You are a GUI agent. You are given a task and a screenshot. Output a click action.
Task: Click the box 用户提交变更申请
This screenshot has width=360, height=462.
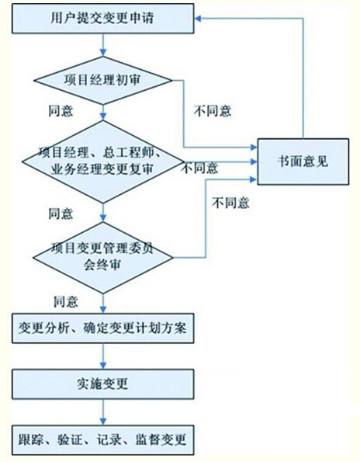[x=103, y=19]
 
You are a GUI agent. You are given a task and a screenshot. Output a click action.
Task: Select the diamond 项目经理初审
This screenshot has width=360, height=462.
[x=103, y=81]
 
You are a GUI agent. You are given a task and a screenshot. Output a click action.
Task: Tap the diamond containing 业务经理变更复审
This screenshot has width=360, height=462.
[x=103, y=162]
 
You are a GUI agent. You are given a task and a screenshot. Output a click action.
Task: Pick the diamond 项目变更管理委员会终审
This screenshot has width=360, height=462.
[x=103, y=258]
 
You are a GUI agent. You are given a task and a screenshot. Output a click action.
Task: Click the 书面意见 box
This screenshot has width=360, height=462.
[x=303, y=162]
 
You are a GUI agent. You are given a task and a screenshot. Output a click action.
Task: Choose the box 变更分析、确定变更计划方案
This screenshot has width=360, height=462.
[x=103, y=328]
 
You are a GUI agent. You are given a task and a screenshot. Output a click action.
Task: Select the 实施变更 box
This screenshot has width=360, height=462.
[x=103, y=384]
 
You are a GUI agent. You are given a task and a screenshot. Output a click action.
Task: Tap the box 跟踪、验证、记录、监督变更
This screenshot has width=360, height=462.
[x=103, y=439]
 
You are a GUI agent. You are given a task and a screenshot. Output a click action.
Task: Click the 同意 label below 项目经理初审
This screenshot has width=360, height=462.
[x=61, y=111]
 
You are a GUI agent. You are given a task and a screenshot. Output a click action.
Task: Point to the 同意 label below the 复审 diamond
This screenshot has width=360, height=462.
[x=61, y=214]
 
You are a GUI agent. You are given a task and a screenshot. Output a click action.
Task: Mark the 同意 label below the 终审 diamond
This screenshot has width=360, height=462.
[x=66, y=302]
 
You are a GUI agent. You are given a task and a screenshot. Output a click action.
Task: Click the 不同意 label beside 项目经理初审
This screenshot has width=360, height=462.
[x=213, y=111]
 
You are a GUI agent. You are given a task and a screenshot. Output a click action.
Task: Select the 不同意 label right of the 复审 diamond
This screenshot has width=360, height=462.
[x=200, y=168]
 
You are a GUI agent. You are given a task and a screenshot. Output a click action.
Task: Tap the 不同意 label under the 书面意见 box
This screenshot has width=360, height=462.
[x=230, y=203]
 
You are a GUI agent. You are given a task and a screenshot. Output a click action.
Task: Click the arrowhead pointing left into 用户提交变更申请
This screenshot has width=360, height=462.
[x=198, y=19]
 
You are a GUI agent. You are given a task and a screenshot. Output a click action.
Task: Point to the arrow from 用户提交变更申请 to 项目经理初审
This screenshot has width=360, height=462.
[x=103, y=45]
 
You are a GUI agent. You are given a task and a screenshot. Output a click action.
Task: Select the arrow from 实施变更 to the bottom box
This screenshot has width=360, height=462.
[x=103, y=412]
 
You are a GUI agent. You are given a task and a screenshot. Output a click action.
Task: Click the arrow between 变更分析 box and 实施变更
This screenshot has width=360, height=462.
[x=103, y=356]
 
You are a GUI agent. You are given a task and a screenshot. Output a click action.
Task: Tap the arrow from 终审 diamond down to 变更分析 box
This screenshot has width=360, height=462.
[x=103, y=304]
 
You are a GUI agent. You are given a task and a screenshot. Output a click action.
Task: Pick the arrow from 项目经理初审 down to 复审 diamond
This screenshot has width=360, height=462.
[x=103, y=113]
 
